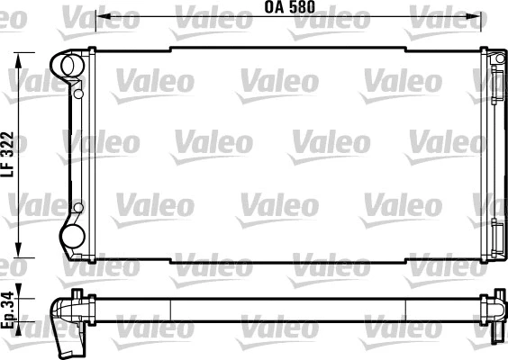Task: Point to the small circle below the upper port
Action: tap(79, 93)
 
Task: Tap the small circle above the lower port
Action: tap(79, 210)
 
